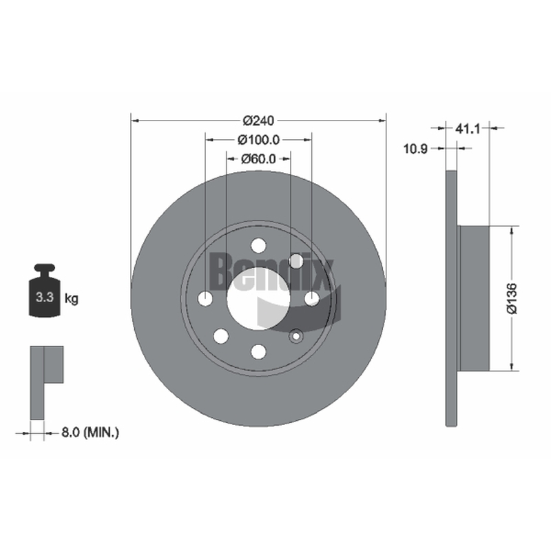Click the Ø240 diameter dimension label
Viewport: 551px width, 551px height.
[258, 121]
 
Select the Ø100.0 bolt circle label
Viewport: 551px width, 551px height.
[258, 140]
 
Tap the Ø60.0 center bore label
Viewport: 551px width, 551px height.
[258, 159]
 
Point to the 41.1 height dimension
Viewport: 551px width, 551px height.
[468, 129]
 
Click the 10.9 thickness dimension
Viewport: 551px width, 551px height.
[415, 149]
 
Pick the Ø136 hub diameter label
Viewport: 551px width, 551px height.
[512, 298]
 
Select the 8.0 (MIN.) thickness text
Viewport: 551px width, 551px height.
[90, 433]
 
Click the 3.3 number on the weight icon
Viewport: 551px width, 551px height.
[45, 298]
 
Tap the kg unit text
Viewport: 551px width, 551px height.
[72, 299]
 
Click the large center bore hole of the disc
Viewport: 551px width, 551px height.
[258, 299]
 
